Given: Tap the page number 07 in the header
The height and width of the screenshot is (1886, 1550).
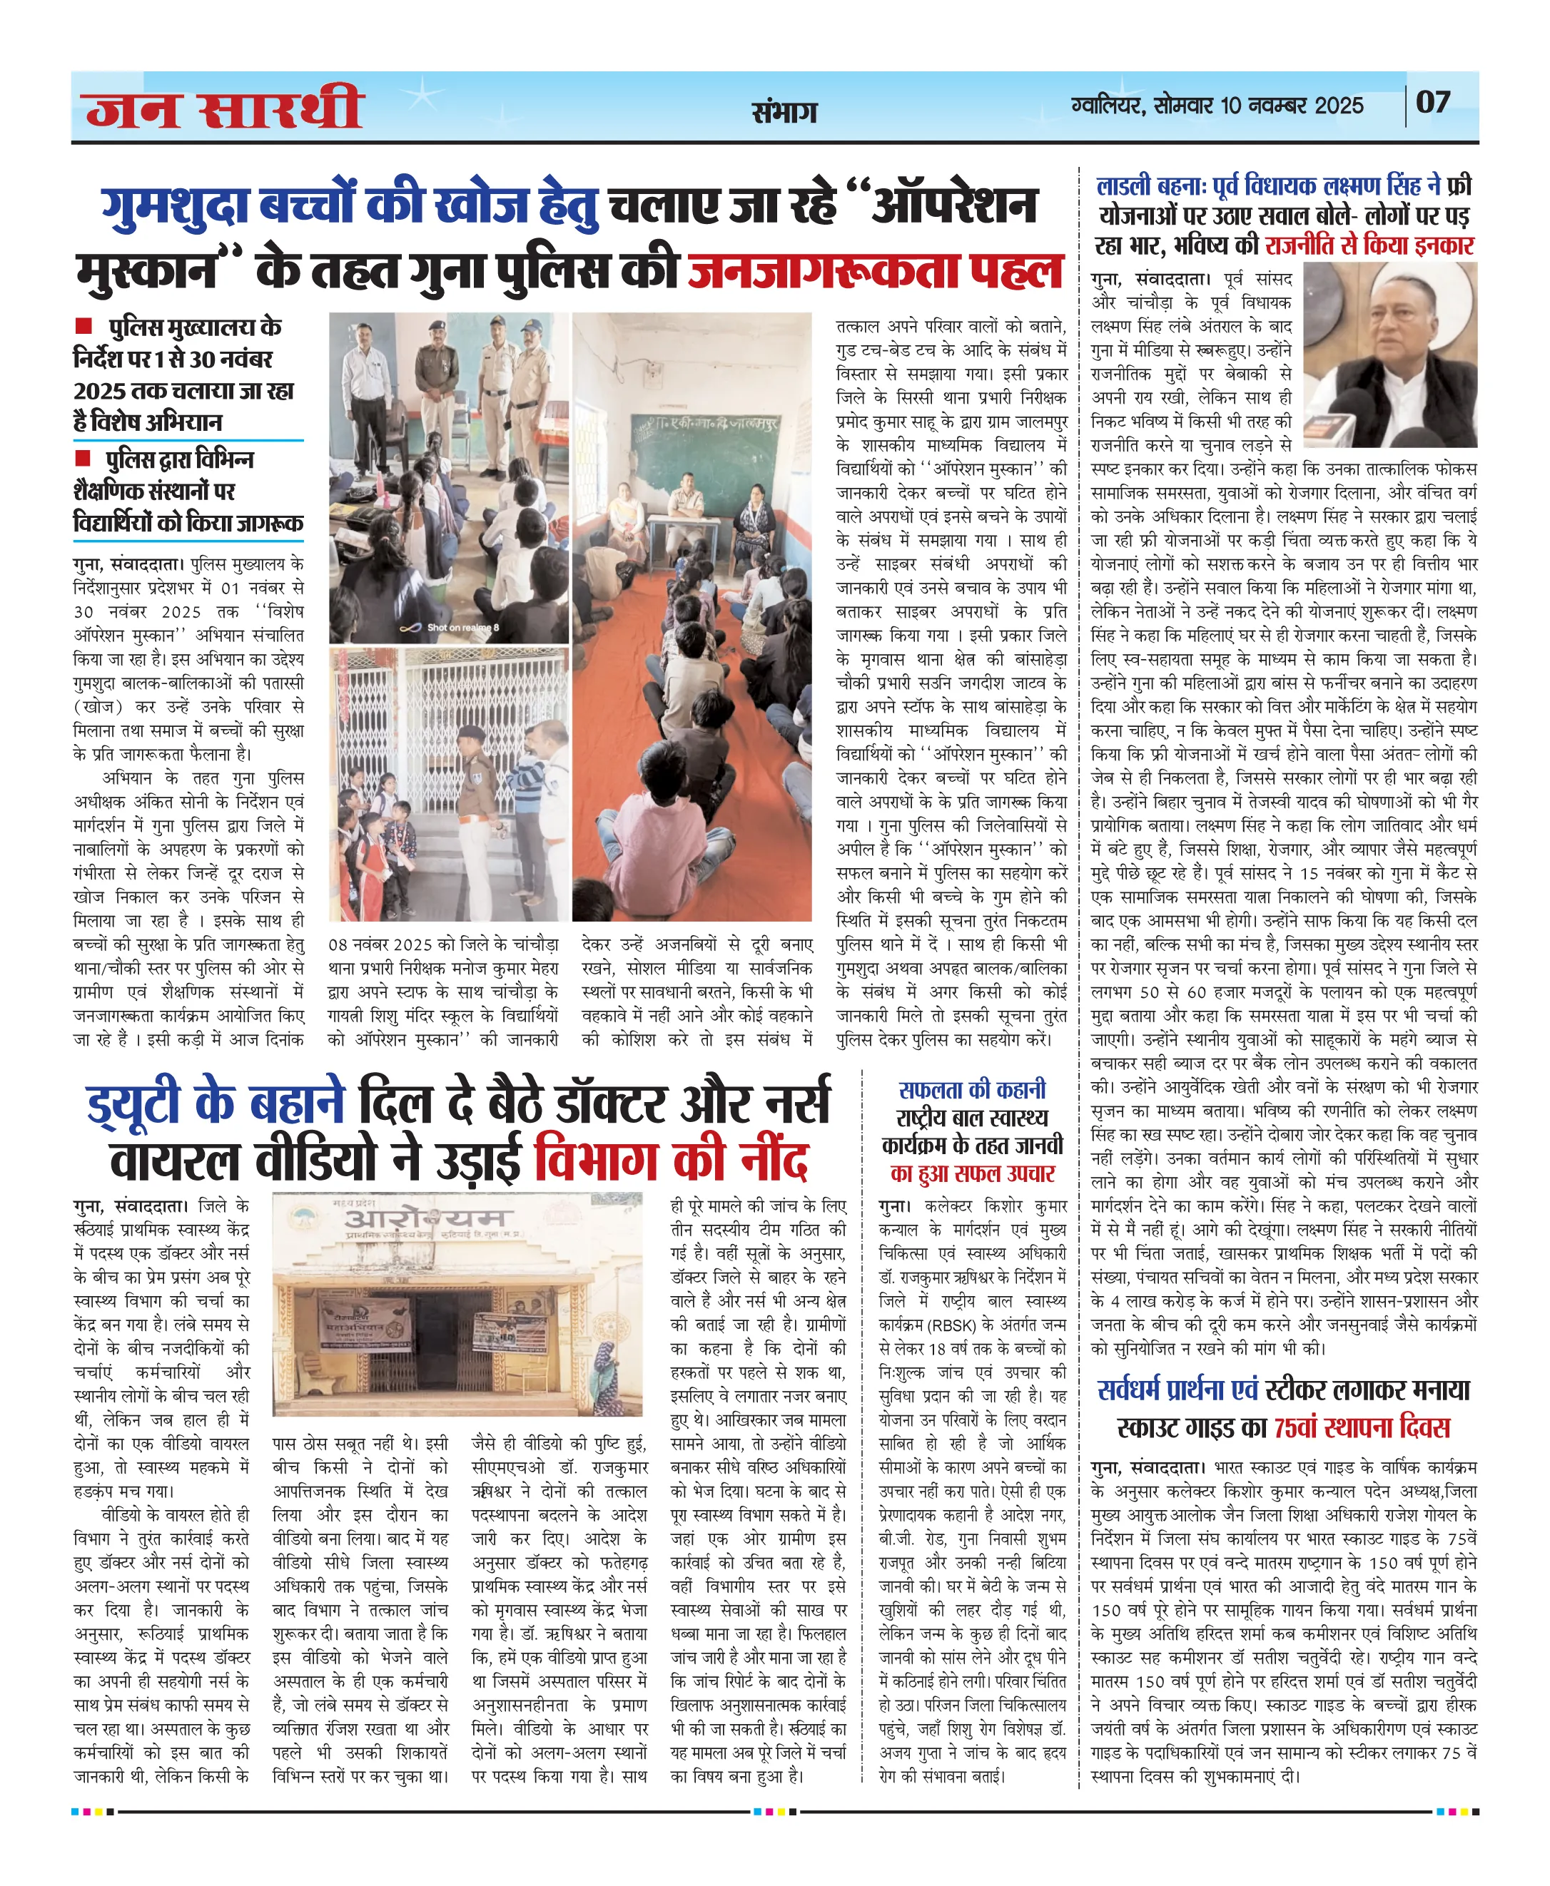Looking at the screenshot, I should tap(1433, 103).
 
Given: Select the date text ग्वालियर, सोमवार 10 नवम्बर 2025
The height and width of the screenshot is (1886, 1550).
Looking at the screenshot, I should tap(1217, 106).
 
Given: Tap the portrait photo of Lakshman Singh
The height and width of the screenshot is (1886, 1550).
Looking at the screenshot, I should tap(1389, 355).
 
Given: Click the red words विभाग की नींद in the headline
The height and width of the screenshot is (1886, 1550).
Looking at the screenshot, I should tap(671, 1161).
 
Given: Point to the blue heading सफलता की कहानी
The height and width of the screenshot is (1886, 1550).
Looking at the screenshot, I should tap(971, 1090).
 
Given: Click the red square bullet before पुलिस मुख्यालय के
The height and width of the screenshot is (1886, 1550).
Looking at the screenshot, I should tap(84, 326).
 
